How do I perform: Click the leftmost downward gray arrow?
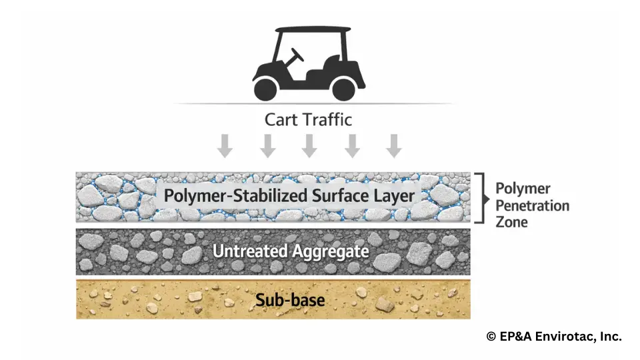point(225,145)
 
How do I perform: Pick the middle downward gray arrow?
point(309,145)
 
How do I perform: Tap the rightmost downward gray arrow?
point(394,145)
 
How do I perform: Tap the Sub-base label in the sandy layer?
point(290,300)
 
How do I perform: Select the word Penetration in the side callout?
point(532,205)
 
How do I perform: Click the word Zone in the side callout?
point(511,222)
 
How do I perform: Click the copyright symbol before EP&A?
point(491,337)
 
